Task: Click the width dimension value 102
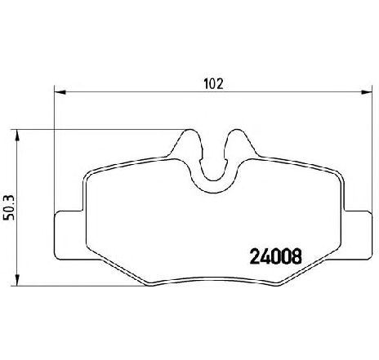point(214,83)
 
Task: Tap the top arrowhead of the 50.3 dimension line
point(18,131)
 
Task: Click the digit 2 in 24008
point(251,255)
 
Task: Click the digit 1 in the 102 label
point(206,83)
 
